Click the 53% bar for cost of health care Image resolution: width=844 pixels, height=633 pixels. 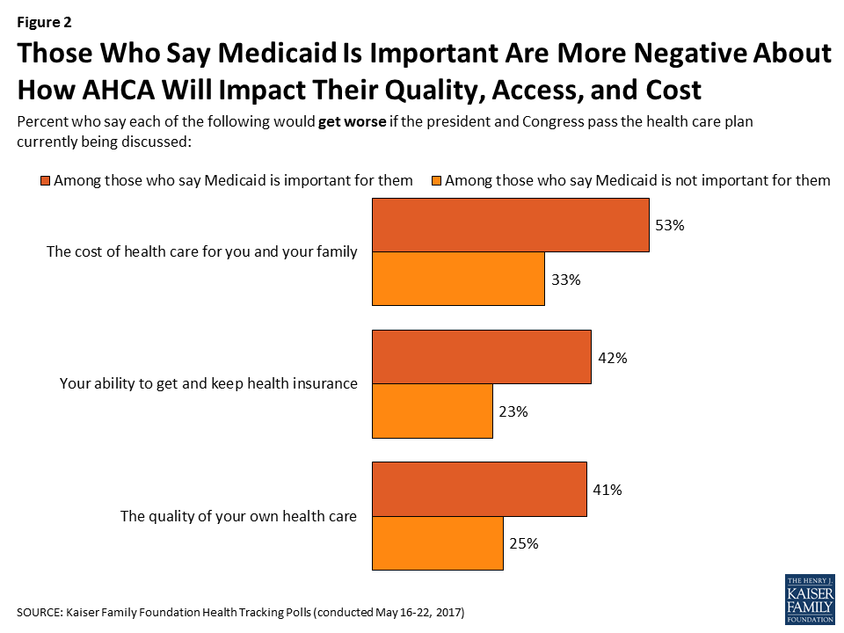click(511, 226)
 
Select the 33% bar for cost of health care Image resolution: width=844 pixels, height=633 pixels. click(458, 280)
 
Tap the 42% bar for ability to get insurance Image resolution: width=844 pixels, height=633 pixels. click(482, 357)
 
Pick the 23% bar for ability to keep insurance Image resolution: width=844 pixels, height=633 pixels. click(433, 411)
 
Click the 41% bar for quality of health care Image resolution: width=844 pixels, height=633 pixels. click(479, 489)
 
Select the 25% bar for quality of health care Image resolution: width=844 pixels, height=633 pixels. click(438, 543)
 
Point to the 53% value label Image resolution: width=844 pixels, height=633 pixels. click(669, 226)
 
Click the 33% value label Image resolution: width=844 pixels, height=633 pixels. click(565, 280)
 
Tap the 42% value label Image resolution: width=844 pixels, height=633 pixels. click(611, 358)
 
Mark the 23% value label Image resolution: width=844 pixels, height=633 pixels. click(513, 411)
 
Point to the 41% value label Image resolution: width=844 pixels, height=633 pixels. click(607, 490)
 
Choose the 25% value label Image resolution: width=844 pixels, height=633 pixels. click(523, 543)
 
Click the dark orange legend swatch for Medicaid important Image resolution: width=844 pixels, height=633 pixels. click(45, 181)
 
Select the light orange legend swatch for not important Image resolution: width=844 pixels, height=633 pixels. click(436, 181)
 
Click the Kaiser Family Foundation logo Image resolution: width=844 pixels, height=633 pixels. click(808, 600)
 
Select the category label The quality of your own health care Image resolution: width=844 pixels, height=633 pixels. click(238, 516)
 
